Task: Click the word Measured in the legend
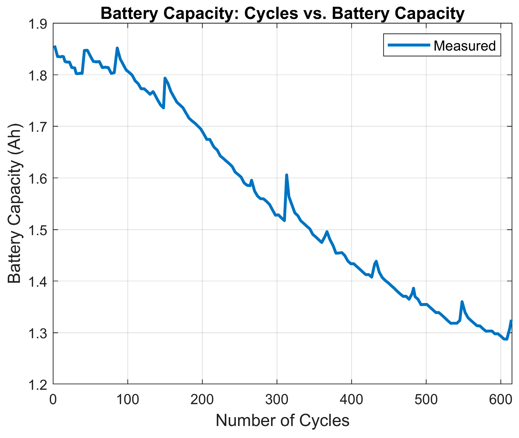point(464,46)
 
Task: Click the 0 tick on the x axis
point(53,400)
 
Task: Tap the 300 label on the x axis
point(277,400)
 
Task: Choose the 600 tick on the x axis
point(501,400)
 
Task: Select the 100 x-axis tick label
point(127,400)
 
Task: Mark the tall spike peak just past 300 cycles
point(286,175)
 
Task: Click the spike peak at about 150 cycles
point(165,78)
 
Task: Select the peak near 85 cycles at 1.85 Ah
point(117,48)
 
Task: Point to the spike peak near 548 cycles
point(462,302)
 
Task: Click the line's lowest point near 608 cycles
point(506,339)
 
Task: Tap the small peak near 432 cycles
point(376,261)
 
